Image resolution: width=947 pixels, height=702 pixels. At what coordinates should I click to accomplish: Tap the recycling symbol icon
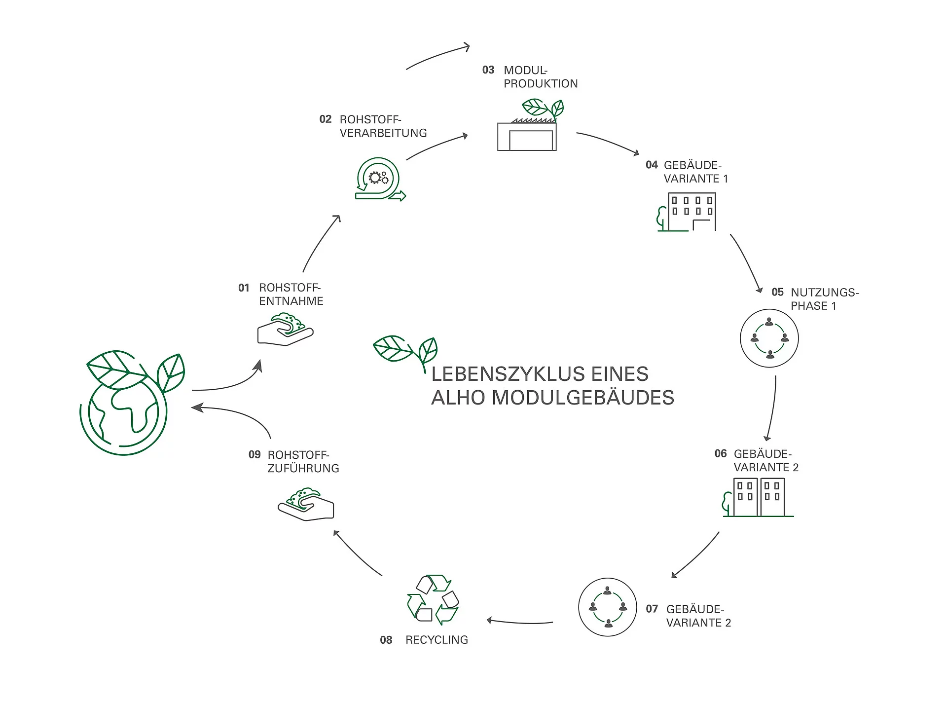(433, 599)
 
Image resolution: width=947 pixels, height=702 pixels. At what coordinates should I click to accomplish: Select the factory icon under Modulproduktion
(528, 131)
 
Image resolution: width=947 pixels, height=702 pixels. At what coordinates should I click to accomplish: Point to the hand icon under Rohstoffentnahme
(285, 329)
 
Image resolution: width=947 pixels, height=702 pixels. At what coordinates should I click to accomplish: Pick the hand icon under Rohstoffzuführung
(306, 504)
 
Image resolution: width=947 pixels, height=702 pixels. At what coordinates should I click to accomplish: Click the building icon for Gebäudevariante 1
(688, 212)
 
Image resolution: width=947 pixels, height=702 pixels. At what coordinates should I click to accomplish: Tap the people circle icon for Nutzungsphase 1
(769, 338)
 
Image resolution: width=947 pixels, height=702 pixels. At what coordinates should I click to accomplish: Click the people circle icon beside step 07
(607, 607)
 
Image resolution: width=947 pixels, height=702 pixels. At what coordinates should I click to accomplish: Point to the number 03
(488, 70)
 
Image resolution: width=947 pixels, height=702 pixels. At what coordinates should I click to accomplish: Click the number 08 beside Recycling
(386, 640)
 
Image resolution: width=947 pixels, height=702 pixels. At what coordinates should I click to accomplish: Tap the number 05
(777, 292)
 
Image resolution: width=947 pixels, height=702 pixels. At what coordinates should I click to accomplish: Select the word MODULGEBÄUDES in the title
(583, 398)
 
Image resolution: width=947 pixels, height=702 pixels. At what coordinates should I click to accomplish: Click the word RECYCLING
(437, 640)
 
